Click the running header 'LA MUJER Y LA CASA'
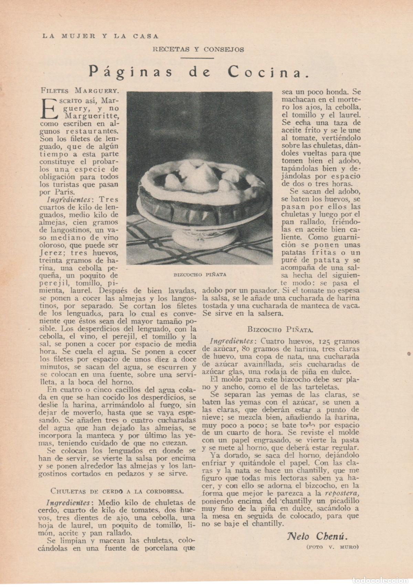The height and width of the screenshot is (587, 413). [100, 36]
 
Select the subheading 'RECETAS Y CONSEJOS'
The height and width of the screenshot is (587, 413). [198, 50]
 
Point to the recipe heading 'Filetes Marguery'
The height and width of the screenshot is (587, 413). [80, 91]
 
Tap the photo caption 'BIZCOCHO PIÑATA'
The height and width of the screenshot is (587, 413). [200, 274]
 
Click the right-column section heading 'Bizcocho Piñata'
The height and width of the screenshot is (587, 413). [280, 329]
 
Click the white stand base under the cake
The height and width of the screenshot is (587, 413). [193, 238]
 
